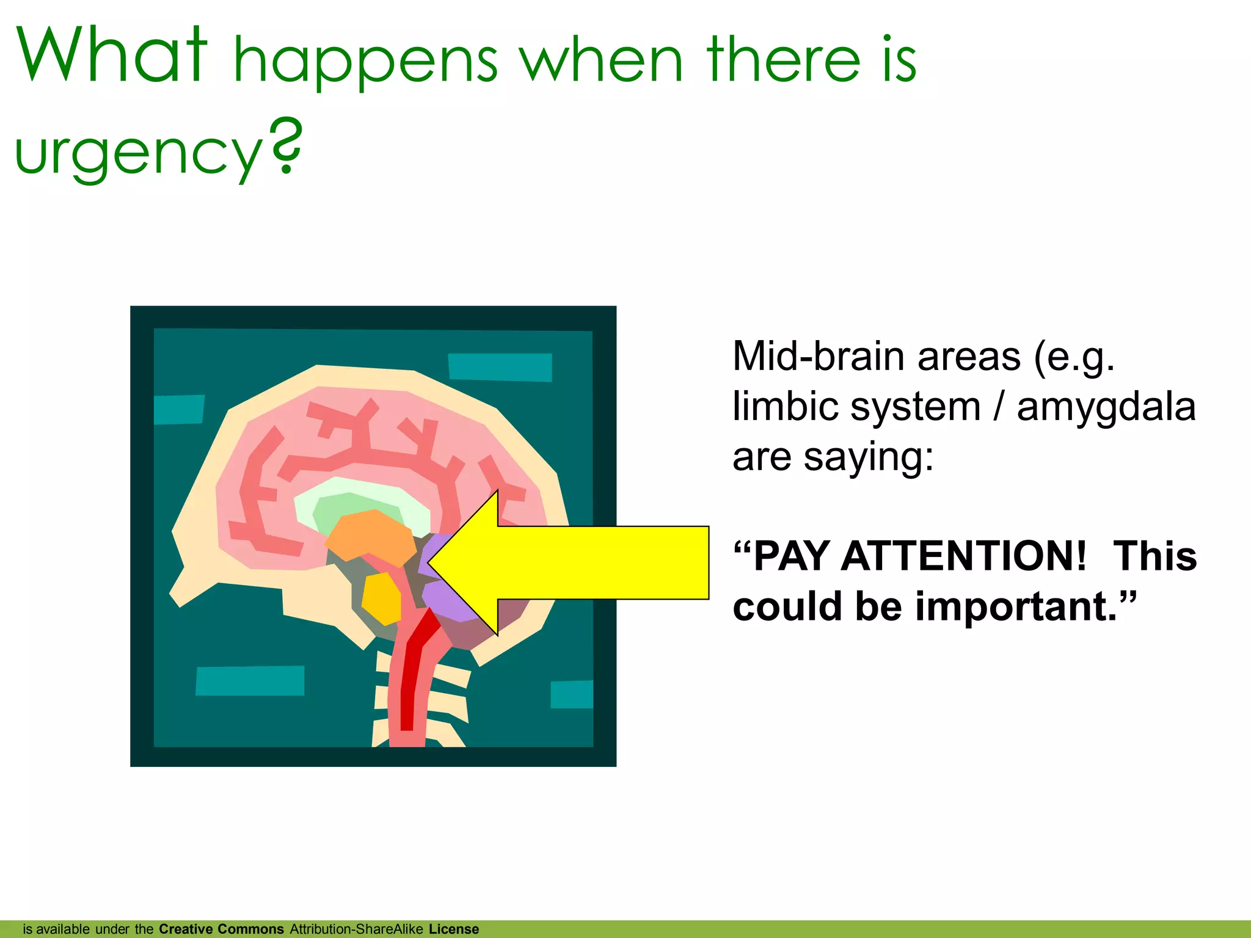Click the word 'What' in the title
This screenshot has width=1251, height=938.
112,56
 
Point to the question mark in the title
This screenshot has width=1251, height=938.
286,147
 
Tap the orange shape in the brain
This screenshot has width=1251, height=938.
371,537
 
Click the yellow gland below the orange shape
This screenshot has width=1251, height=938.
382,599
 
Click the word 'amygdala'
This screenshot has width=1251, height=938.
1106,407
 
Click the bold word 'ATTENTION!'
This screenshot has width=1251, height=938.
963,556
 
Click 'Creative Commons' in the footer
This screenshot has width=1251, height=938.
221,929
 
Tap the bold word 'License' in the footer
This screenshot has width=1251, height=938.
454,929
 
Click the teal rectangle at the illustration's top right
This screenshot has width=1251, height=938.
500,367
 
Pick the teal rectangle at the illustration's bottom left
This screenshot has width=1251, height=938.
250,680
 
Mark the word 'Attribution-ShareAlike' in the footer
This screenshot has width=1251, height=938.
356,929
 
